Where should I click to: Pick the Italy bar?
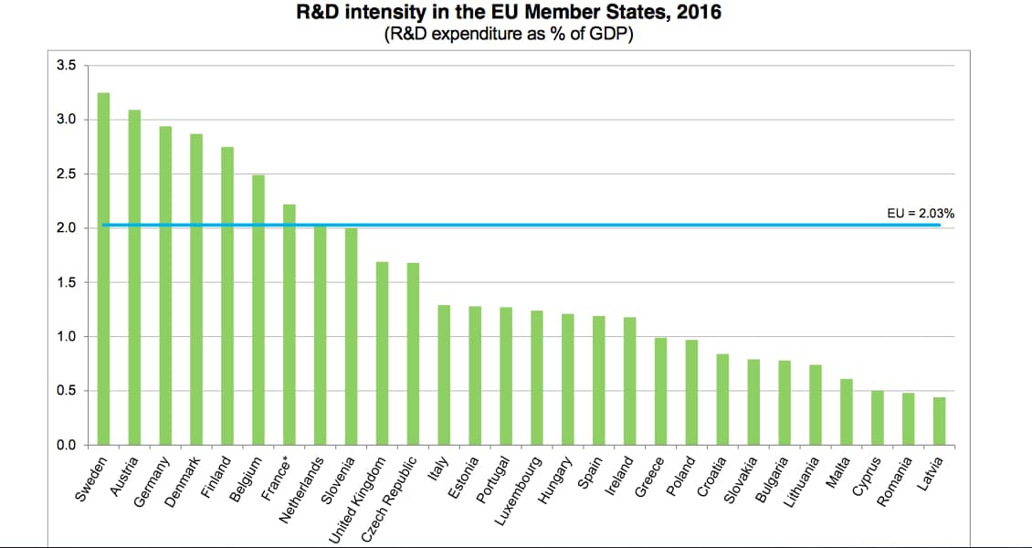(444, 375)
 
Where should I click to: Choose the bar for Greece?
(660, 392)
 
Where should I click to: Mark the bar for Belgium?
(258, 311)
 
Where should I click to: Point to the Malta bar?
(847, 412)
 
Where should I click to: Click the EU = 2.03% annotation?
(921, 213)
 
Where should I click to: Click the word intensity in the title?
(384, 14)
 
